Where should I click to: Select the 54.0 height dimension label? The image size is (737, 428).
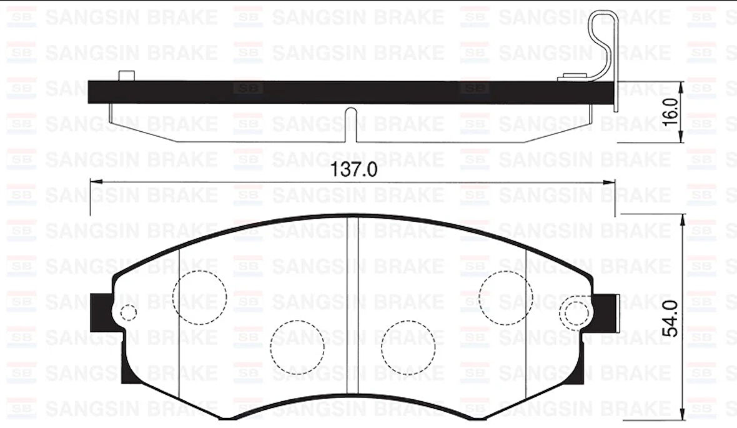click(670, 318)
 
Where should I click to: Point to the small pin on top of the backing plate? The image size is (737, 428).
click(126, 76)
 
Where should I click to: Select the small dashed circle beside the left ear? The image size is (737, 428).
click(128, 312)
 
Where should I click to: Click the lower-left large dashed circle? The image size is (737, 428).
click(298, 347)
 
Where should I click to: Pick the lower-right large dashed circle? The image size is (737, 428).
click(408, 347)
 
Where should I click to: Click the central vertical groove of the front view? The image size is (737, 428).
click(352, 312)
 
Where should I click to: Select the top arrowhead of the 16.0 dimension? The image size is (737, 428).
click(687, 86)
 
